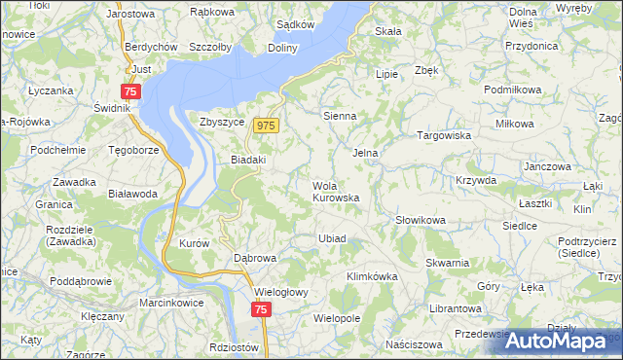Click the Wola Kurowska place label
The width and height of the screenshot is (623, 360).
click(336, 192)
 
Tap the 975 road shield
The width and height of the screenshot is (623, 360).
click(267, 126)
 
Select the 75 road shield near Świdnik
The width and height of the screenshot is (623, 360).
click(131, 90)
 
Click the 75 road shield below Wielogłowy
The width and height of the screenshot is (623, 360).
click(260, 309)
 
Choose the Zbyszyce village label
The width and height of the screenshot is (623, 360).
click(220, 123)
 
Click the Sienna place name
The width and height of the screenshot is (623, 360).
click(340, 116)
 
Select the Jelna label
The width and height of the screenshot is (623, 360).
click(365, 153)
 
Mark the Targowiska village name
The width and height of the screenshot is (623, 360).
click(444, 136)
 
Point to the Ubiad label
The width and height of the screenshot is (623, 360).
click(332, 238)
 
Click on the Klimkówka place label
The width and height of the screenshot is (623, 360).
click(373, 277)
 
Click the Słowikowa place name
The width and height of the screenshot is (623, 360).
click(421, 221)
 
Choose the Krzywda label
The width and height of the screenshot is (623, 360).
click(476, 181)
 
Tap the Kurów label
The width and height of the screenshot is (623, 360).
click(195, 243)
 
